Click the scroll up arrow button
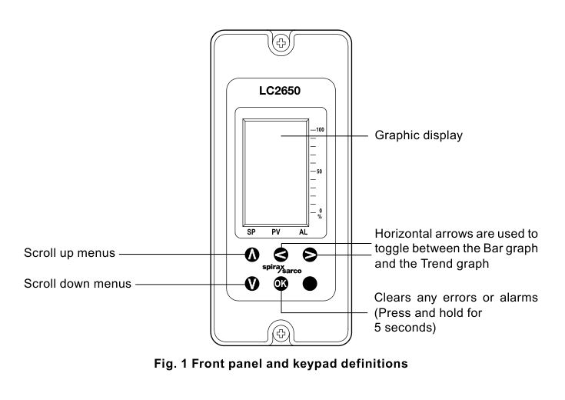tap(252, 255)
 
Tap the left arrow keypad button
tap(281, 255)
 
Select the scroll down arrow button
tap(252, 284)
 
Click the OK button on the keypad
tap(281, 284)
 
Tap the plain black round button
tap(310, 284)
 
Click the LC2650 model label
tap(280, 91)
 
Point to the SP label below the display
tap(251, 232)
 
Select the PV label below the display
tap(276, 232)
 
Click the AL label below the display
tap(304, 232)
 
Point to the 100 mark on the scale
tap(320, 129)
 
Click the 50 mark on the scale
tap(319, 172)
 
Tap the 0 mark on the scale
tap(321, 211)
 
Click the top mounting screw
tap(281, 43)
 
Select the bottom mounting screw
tap(281, 333)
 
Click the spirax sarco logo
tap(282, 268)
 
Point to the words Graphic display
tap(419, 135)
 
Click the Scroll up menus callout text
tap(69, 253)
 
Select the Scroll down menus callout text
tap(78, 284)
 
